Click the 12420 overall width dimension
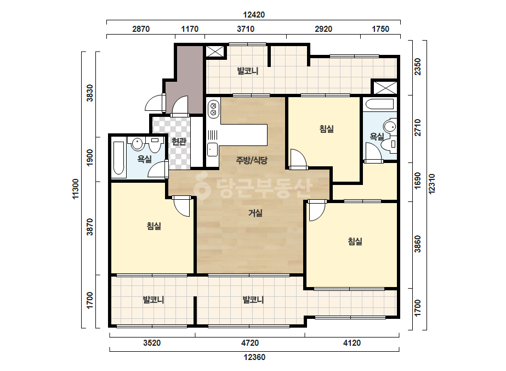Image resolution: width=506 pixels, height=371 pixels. [x=254, y=15]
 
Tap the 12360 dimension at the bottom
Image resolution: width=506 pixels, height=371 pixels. [x=254, y=357]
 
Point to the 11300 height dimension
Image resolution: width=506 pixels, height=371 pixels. [x=76, y=189]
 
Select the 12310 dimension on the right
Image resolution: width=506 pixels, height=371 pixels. [x=432, y=184]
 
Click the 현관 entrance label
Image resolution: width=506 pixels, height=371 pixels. [x=179, y=141]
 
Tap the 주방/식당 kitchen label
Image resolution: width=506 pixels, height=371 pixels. [x=252, y=160]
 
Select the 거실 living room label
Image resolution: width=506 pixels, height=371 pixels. [x=255, y=213]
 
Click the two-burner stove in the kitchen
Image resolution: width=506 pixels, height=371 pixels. [x=213, y=109]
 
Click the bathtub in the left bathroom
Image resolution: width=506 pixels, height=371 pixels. [x=119, y=158]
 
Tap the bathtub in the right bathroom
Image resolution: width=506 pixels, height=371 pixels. [x=379, y=104]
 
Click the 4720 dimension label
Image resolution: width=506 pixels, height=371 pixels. [x=250, y=343]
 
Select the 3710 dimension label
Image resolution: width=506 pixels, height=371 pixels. [x=246, y=29]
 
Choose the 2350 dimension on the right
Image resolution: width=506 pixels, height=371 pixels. [x=418, y=66]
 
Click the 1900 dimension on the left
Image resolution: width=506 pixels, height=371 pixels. [x=90, y=158]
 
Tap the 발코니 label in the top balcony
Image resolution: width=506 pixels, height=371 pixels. [x=248, y=71]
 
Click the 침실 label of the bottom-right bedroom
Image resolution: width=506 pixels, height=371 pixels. [x=355, y=241]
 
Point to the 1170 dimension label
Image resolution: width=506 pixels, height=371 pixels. [x=190, y=29]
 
